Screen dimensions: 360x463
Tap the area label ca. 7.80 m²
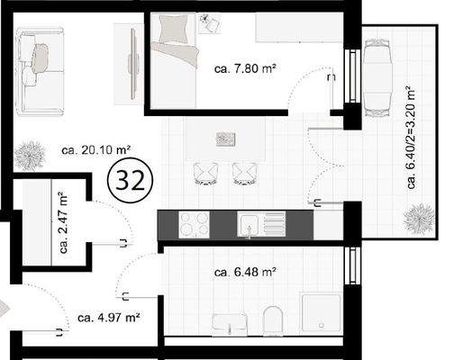245,67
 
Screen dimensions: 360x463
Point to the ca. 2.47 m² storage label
64,223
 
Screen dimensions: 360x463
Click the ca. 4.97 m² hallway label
108,317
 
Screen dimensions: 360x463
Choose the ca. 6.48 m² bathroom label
245,271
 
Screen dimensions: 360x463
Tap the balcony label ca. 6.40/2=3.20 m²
411,138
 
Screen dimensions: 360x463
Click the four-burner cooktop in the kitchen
194,224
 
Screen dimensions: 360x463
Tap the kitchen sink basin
250,224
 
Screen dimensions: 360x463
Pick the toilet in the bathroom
274,319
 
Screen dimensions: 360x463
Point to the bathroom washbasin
230,322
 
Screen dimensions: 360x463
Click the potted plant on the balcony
417,216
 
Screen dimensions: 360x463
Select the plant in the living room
31,154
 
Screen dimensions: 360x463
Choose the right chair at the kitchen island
244,172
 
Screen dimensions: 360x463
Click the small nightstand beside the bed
213,21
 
